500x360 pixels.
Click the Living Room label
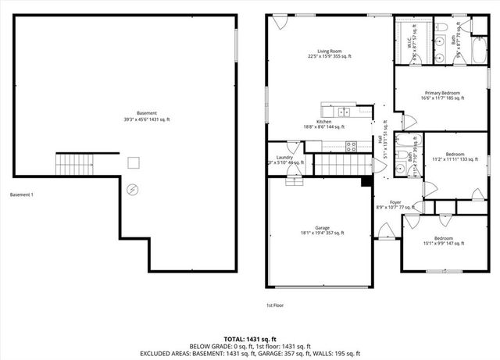(329, 51)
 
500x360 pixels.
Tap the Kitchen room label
(323, 123)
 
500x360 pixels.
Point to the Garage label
(322, 228)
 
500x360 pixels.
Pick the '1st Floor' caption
(276, 305)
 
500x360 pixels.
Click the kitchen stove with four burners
(352, 144)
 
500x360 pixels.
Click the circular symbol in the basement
(132, 189)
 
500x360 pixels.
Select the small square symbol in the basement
(134, 162)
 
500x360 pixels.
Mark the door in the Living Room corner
(279, 24)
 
